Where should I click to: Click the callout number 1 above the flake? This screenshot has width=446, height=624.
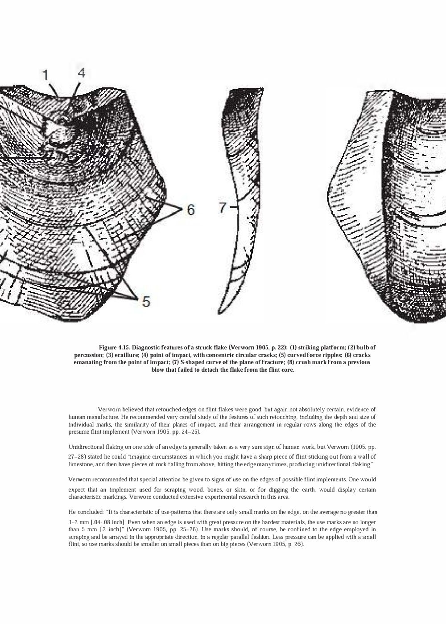pos(45,75)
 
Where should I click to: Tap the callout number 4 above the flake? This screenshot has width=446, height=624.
pos(81,72)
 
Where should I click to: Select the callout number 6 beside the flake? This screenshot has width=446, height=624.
pos(190,209)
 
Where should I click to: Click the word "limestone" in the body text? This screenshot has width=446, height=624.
pos(81,465)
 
